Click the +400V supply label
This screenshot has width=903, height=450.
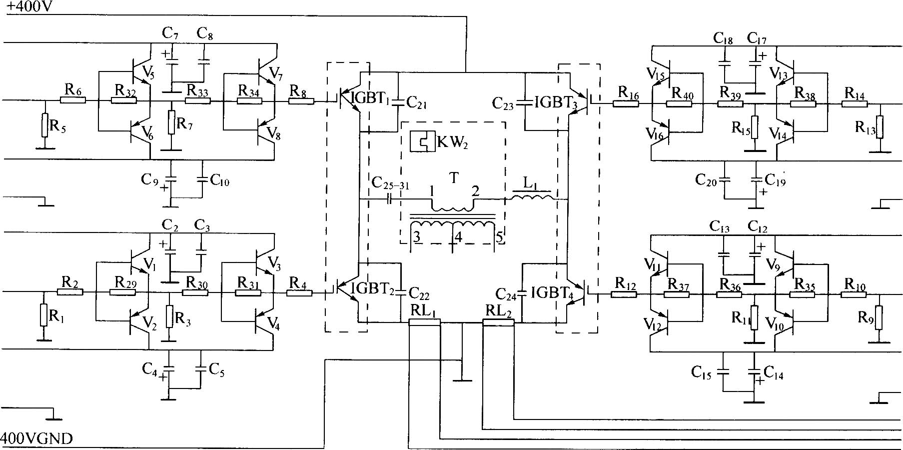pos(29,7)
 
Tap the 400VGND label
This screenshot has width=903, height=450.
pos(37,438)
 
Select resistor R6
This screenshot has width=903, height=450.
pos(73,100)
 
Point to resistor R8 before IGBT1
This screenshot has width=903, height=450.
pos(301,100)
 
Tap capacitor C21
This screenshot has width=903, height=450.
pos(398,102)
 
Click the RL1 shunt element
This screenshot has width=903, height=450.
pos(424,322)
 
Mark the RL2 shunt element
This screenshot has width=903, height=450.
pos(498,322)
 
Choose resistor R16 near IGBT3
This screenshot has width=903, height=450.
pos(626,104)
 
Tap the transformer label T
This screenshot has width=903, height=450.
pos(454,178)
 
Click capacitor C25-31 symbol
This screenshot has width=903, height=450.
pos(390,199)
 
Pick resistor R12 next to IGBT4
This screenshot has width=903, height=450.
pos(624,294)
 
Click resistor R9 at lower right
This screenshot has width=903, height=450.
pos(879,317)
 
